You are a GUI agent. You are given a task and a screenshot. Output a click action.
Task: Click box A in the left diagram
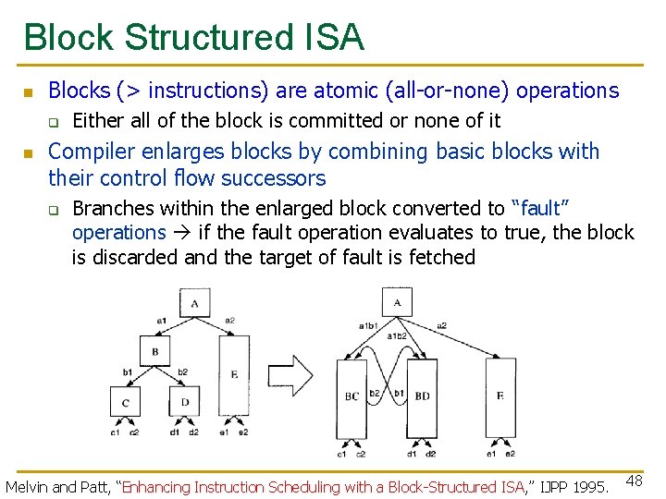pyautogui.click(x=194, y=303)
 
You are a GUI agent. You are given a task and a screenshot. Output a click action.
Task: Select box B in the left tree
pyautogui.click(x=155, y=351)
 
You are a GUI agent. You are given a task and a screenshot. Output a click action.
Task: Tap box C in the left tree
pyautogui.click(x=125, y=402)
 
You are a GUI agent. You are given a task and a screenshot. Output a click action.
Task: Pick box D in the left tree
pyautogui.click(x=185, y=402)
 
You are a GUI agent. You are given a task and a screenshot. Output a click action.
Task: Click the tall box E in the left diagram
pyautogui.click(x=234, y=375)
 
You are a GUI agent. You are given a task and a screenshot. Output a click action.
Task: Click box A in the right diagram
pyautogui.click(x=396, y=302)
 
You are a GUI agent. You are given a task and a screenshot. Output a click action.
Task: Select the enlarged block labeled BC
pyautogui.click(x=352, y=397)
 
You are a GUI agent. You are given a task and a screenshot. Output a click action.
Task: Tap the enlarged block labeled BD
pyautogui.click(x=422, y=397)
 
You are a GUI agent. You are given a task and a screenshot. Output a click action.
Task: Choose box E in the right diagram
pyautogui.click(x=500, y=396)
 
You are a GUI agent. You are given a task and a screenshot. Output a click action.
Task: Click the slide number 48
pyautogui.click(x=635, y=481)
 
